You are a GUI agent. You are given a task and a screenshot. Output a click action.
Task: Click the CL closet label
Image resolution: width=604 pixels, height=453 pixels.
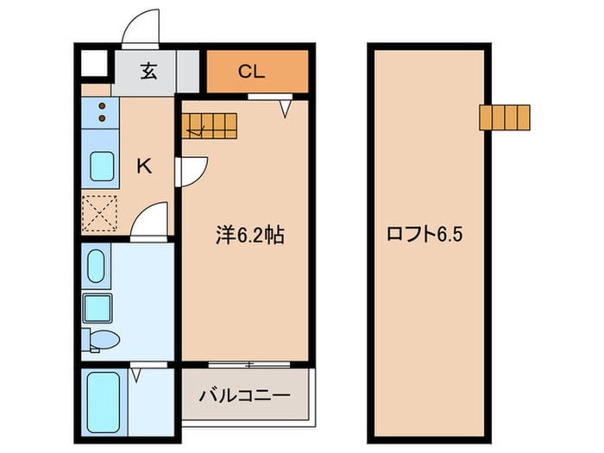251,72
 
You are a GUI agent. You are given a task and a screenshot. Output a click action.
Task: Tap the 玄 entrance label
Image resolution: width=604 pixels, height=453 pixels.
148,72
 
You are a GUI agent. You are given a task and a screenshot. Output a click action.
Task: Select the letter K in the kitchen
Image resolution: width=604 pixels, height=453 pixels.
144,167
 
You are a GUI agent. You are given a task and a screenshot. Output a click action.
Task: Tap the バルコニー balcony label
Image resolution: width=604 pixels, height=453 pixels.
243,395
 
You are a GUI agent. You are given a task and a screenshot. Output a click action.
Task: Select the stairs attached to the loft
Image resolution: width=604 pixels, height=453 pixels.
505,116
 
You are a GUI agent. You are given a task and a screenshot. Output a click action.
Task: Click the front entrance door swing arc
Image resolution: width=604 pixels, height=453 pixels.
140,29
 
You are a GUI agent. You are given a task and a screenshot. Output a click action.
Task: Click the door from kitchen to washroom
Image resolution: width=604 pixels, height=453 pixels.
149,220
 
